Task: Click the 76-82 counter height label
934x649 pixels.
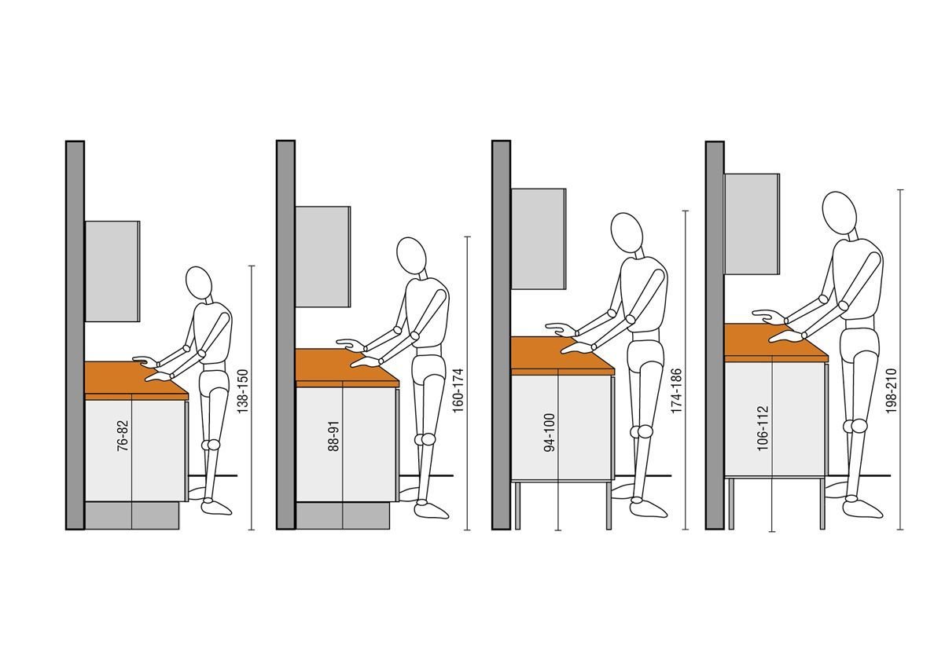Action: [x=123, y=436]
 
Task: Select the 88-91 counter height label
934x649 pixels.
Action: [x=333, y=436]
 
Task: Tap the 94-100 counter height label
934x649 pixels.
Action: [x=550, y=432]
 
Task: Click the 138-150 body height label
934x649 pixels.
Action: [x=242, y=391]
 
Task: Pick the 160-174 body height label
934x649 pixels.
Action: [x=458, y=391]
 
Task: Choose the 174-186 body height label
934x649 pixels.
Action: [x=676, y=391]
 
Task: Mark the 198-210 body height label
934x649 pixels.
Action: [x=891, y=391]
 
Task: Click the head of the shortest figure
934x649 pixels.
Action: [x=199, y=284]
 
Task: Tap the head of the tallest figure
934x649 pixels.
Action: [x=840, y=213]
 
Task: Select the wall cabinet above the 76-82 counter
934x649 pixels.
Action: [x=112, y=272]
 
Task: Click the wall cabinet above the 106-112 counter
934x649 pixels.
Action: [x=752, y=224]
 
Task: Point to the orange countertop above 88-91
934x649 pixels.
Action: [x=347, y=368]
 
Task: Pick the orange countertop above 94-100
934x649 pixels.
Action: [x=561, y=355]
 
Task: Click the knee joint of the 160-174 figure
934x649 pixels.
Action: [x=427, y=439]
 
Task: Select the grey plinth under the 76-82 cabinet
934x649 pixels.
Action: [x=132, y=515]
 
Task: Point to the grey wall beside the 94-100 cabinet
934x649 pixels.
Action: [x=501, y=335]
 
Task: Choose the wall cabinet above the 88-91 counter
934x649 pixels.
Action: [x=323, y=257]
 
